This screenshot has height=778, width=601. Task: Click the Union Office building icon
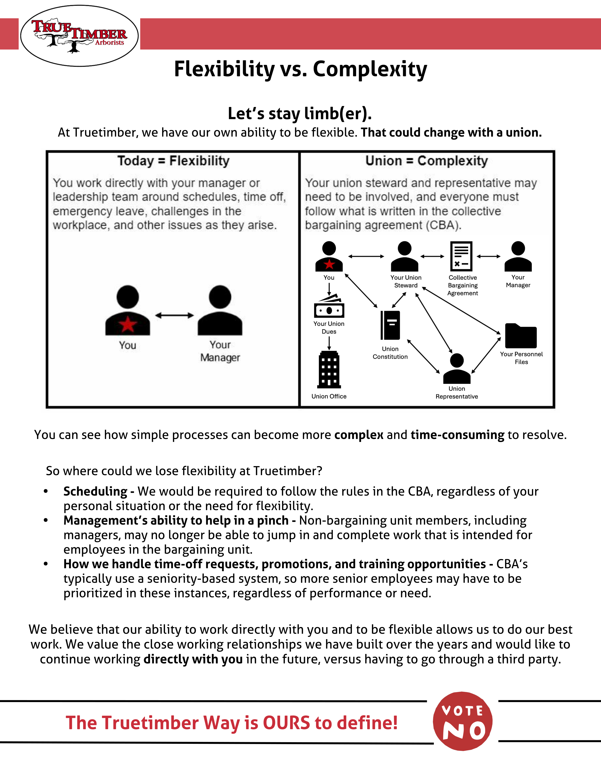click(329, 369)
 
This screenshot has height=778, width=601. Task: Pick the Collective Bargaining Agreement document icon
click(461, 256)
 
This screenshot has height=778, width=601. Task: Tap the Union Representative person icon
click(457, 369)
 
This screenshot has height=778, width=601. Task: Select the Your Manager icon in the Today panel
click(220, 311)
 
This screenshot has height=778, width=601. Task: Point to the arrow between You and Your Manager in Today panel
click(174, 315)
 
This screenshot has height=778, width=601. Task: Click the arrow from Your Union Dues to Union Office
click(329, 343)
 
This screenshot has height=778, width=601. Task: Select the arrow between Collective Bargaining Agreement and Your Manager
click(489, 256)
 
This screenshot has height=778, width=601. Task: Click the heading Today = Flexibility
click(173, 161)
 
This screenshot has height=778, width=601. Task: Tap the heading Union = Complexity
click(427, 161)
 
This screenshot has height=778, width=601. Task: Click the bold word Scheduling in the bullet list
click(95, 491)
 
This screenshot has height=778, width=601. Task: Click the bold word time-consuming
click(457, 435)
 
